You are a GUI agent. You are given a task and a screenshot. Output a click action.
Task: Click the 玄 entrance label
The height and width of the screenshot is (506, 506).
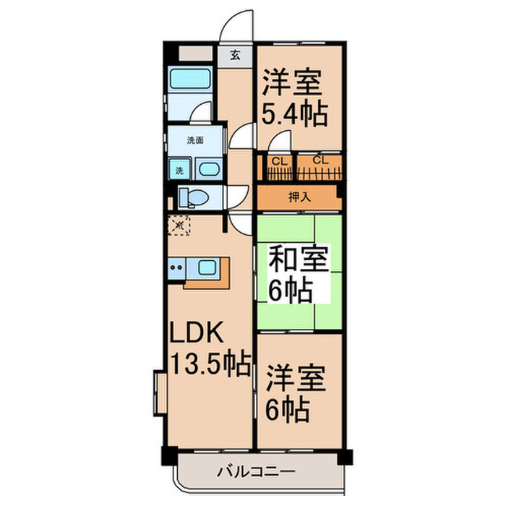coord(235,54)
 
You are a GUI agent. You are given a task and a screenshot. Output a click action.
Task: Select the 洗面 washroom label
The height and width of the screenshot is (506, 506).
coord(196,140)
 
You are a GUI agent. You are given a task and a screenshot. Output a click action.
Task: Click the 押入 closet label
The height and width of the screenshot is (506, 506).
coord(297,197)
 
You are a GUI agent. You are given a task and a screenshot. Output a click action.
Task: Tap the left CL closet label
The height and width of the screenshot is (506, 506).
coord(277,160)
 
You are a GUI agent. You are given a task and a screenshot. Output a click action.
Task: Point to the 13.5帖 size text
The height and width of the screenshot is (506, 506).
coord(210,361)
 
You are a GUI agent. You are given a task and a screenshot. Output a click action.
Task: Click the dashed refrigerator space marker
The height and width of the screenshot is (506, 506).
coord(179,226)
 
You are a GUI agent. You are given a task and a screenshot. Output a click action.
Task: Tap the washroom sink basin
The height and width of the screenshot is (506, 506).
coord(208,170)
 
